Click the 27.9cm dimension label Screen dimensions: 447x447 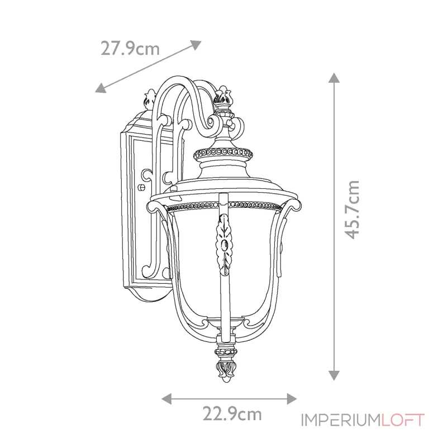point(130,49)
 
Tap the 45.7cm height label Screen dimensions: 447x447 point(352,209)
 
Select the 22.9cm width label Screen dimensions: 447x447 point(232,413)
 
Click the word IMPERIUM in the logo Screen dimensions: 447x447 point(341,420)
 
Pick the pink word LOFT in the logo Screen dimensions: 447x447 point(403,420)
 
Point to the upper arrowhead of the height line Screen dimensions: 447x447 point(334,78)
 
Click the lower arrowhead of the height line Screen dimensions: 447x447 point(334,375)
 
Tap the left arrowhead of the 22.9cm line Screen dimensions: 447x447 point(167,398)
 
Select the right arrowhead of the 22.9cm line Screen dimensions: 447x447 point(292,398)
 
